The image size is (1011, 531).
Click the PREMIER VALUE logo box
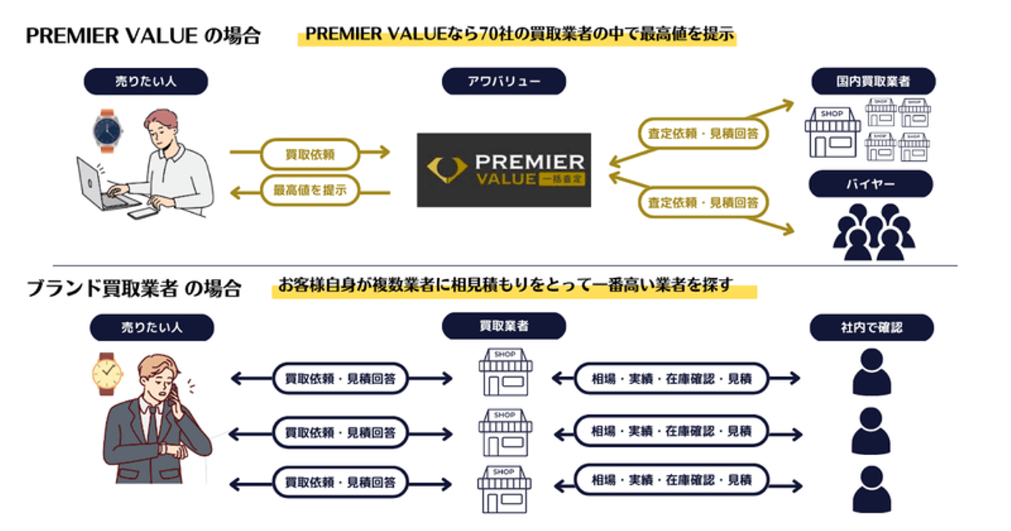pyautogui.click(x=503, y=170)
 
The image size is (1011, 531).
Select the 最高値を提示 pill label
pyautogui.click(x=310, y=190)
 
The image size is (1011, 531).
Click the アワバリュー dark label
pyautogui.click(x=503, y=81)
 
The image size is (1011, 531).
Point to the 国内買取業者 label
pyautogui.click(x=871, y=81)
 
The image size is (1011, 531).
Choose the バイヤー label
pyautogui.click(x=871, y=184)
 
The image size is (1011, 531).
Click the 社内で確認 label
pyautogui.click(x=871, y=327)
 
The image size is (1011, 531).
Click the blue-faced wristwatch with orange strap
pyautogui.click(x=107, y=131)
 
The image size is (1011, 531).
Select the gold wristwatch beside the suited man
pyautogui.click(x=107, y=374)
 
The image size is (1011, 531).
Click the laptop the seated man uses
pyautogui.click(x=101, y=184)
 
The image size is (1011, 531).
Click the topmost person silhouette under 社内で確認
pyautogui.click(x=871, y=372)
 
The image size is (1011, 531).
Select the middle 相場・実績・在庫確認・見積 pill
pyautogui.click(x=670, y=431)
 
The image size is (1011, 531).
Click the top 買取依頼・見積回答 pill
pyautogui.click(x=341, y=379)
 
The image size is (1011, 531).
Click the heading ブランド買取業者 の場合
pyautogui.click(x=134, y=288)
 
